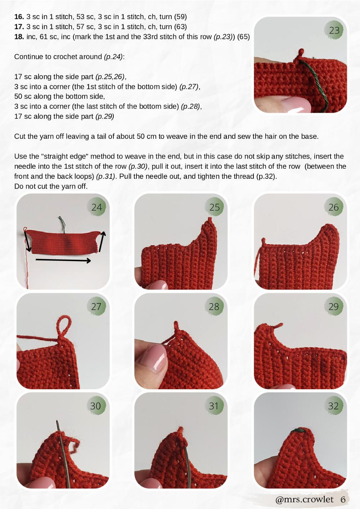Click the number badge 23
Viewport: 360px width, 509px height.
(x=334, y=30)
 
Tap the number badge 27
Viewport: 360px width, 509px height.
(x=96, y=306)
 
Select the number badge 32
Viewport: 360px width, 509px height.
(x=333, y=406)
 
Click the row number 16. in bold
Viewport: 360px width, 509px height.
(x=19, y=17)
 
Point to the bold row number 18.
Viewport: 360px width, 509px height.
(x=19, y=37)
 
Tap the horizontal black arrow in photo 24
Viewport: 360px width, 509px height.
(x=63, y=260)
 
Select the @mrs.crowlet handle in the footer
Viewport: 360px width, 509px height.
(x=304, y=499)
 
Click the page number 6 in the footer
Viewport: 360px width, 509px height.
(x=343, y=499)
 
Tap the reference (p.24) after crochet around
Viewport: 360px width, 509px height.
(x=113, y=57)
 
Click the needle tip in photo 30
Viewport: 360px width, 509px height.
(x=57, y=422)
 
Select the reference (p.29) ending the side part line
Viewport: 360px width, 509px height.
(x=104, y=116)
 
